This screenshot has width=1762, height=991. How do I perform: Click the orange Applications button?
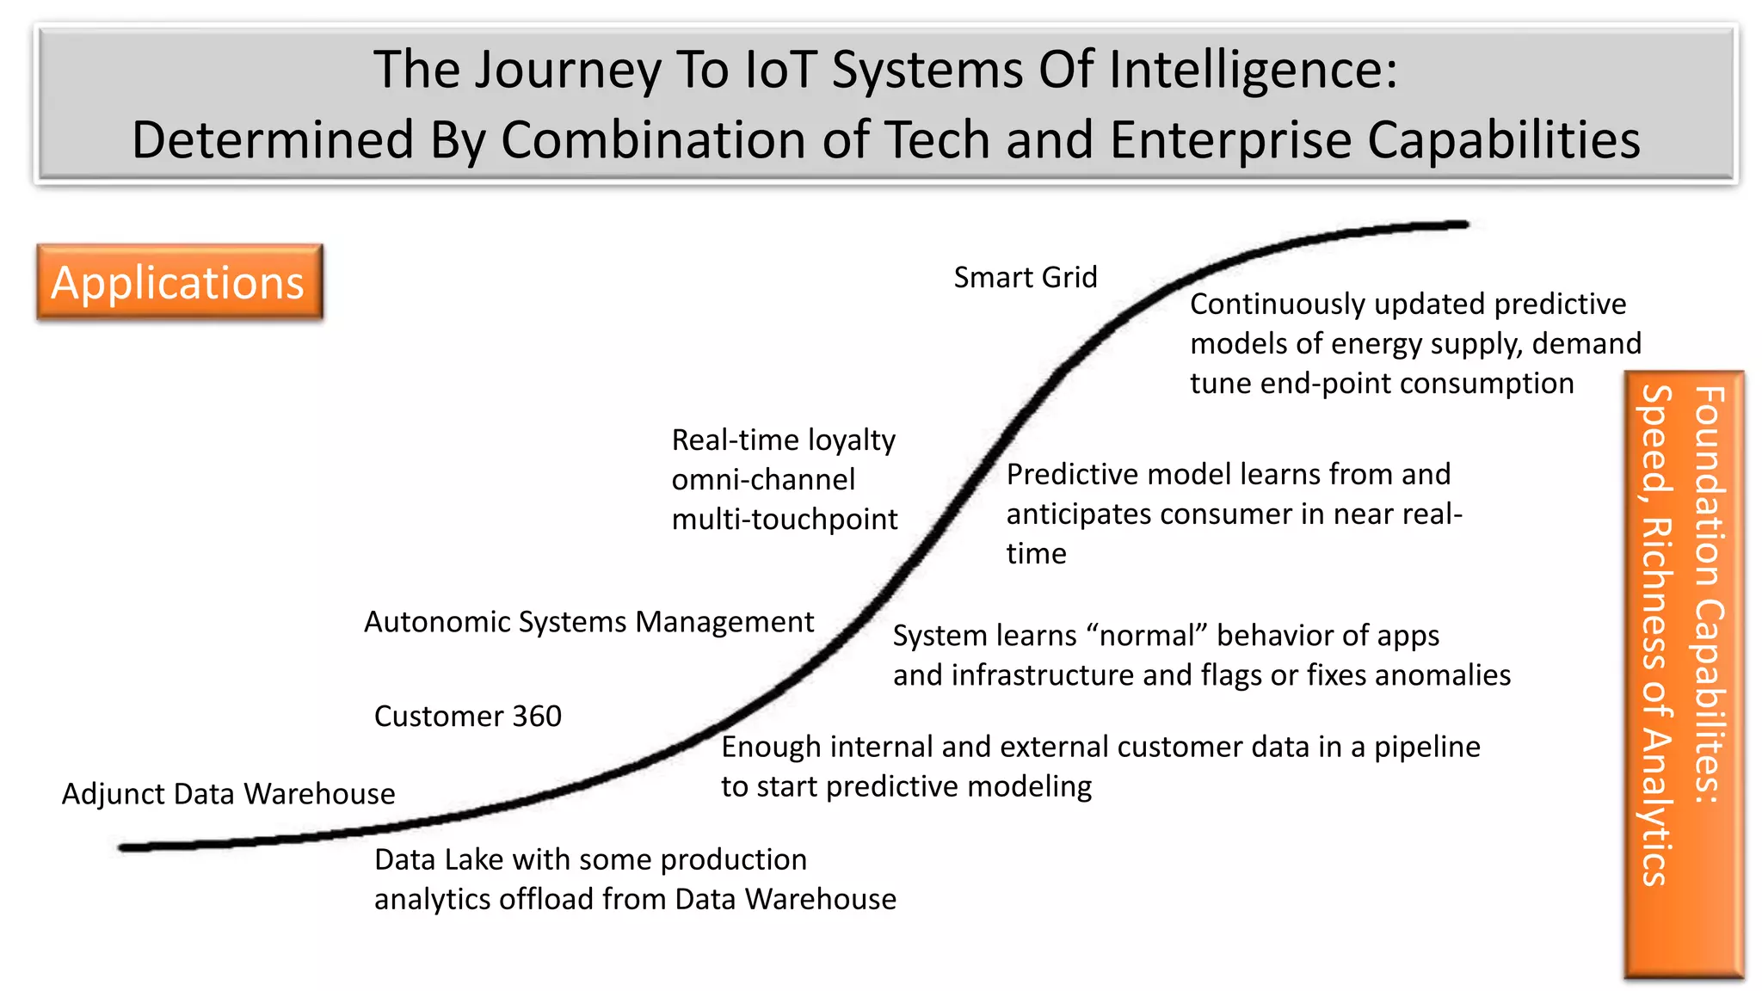point(179,282)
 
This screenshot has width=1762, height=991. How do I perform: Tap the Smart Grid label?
point(1025,277)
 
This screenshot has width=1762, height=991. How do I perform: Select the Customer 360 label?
point(467,716)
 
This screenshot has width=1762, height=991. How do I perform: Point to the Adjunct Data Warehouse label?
point(228,793)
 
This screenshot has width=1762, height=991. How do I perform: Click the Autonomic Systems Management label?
point(588,621)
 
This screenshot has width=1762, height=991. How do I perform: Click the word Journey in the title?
point(568,71)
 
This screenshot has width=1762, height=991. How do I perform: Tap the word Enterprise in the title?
point(1230,140)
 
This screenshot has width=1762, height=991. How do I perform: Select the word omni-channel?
point(763,479)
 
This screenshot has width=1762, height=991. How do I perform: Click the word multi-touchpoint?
point(784,519)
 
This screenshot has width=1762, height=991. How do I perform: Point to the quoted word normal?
point(1147,635)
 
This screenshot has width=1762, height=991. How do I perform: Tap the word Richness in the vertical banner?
point(1656,594)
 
